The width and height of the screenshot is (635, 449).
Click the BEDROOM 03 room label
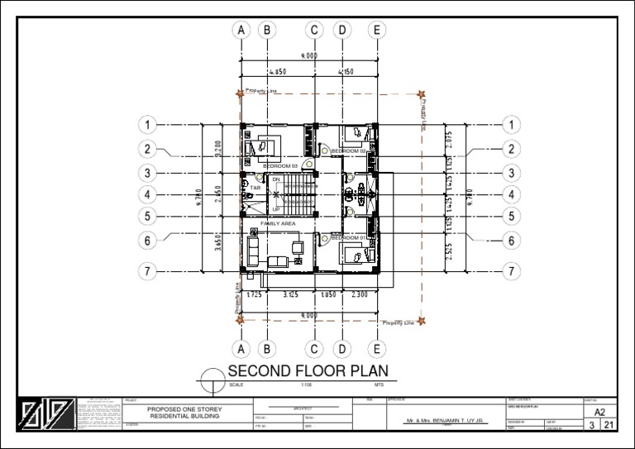[x=279, y=166]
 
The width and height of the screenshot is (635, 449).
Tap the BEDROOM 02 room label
[x=348, y=151]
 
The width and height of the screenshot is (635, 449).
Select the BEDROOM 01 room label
[x=347, y=237]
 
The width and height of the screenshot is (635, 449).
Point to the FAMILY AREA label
[x=278, y=223]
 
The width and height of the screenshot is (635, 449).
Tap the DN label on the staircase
[x=276, y=179]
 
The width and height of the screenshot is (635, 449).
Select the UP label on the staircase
[x=276, y=209]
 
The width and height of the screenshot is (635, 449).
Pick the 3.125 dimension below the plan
[x=290, y=294]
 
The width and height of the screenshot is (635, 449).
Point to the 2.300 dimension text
[x=360, y=294]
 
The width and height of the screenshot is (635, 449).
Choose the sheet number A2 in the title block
[x=599, y=411]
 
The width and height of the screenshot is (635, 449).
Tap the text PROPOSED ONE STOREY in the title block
[x=184, y=409]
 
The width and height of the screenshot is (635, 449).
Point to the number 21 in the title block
[x=609, y=425]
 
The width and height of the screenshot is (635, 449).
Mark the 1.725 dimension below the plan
[x=254, y=294]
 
